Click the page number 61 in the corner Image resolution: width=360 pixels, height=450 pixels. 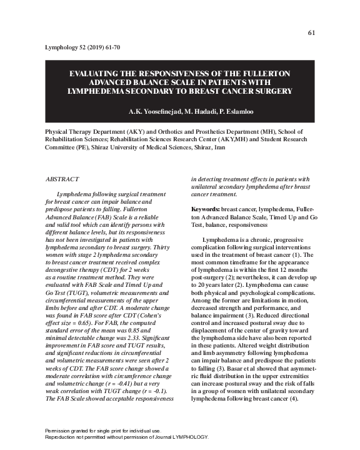pyautogui.click(x=312, y=33)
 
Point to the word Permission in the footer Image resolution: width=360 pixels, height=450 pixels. pyautogui.click(x=60, y=431)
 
